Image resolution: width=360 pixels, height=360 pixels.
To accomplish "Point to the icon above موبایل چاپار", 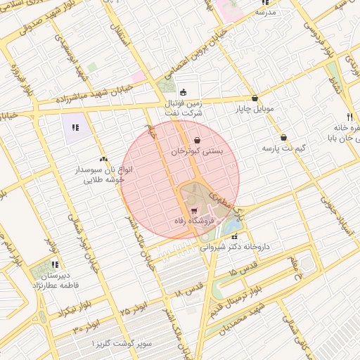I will [255, 98].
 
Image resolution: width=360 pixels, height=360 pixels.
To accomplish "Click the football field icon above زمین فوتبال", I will [184, 91].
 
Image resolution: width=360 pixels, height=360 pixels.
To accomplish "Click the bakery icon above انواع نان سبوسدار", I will [104, 159].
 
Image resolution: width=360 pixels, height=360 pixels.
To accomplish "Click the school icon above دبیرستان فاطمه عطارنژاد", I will [54, 264].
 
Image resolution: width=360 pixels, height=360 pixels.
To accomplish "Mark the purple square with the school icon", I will [75, 127].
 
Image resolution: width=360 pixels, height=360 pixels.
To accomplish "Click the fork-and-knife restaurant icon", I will [349, 117].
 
